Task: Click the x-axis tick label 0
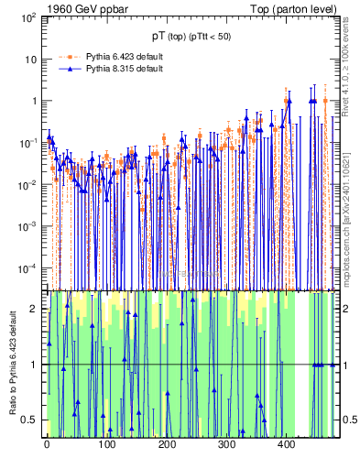tap(47, 444)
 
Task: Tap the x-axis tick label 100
tap(106, 444)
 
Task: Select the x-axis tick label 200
tap(166, 444)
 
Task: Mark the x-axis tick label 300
tap(226, 444)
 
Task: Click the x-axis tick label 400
tap(286, 444)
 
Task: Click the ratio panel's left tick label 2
tap(34, 309)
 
